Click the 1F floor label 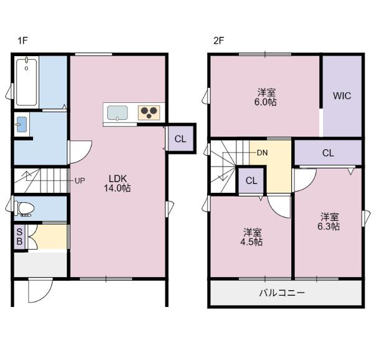(x=22, y=41)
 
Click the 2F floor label (x=218, y=41)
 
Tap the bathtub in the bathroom (x=27, y=82)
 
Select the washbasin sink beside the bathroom (x=21, y=124)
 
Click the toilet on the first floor (x=24, y=208)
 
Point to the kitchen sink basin (x=117, y=113)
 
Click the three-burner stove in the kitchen (x=149, y=113)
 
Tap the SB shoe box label (x=19, y=236)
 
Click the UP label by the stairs (x=80, y=180)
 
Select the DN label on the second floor (x=262, y=153)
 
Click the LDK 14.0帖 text (x=117, y=183)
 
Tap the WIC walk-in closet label (x=342, y=95)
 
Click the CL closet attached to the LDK (x=181, y=139)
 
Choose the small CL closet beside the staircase (x=251, y=180)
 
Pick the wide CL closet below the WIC (x=328, y=153)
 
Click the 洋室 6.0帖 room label (x=266, y=97)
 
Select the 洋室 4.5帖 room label (x=251, y=237)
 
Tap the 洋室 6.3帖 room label (x=329, y=221)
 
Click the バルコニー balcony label (x=282, y=293)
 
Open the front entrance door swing (x=41, y=290)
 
